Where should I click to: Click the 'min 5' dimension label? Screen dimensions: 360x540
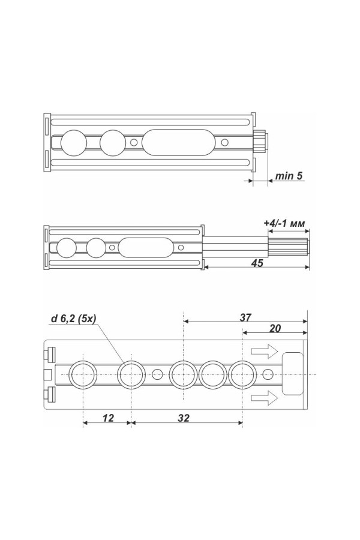point(289,176)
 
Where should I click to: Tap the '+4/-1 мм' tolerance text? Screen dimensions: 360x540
point(284,224)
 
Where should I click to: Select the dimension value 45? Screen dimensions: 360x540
point(257,263)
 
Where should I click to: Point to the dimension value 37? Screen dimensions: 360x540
point(245,317)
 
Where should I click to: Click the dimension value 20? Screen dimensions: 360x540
point(275,329)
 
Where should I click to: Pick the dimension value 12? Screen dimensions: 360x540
point(108,418)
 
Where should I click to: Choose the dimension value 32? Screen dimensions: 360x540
point(184,418)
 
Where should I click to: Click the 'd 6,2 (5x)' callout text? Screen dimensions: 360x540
point(73,319)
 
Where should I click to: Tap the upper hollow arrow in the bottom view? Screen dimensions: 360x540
point(264,351)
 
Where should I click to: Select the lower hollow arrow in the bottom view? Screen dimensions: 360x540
point(264,398)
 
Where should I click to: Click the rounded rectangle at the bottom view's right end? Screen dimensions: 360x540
point(292,374)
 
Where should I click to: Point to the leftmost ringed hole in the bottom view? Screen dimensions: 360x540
point(83,374)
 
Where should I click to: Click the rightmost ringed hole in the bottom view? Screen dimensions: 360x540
point(242,374)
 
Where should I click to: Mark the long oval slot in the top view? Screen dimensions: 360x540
point(178,142)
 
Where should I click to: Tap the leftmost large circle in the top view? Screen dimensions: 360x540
point(74,143)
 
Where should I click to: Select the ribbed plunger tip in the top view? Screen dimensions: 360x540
point(260,142)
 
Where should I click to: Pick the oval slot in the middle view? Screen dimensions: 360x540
point(146,247)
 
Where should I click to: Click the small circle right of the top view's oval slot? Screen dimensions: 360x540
point(224,142)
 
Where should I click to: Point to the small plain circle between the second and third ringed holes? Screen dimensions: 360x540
point(157,374)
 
